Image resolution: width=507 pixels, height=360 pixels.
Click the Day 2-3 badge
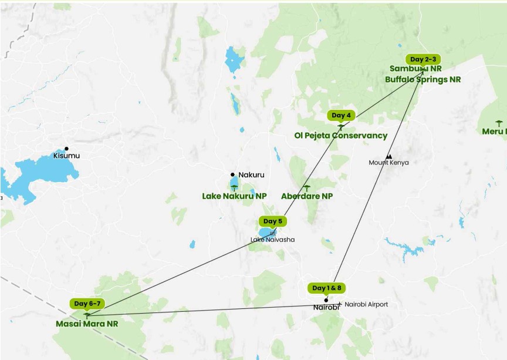coord(422,59)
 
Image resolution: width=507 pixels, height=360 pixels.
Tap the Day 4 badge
coord(341,115)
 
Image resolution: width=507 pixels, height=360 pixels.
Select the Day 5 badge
coord(273,221)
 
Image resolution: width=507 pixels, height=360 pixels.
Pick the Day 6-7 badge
coord(87,304)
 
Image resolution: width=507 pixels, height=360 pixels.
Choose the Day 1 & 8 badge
coord(326,288)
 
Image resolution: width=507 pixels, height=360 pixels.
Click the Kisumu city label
coord(66,156)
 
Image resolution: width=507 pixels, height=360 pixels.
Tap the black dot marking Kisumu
coord(66,149)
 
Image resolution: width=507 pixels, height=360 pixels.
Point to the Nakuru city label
coord(251,174)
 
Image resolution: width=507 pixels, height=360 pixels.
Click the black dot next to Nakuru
coord(233,174)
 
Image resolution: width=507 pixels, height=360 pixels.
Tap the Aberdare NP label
coord(307,196)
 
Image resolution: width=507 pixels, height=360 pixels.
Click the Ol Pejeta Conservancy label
coord(341,136)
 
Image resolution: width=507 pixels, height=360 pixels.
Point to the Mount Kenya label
coord(388,163)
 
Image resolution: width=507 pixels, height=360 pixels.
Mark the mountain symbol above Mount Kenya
coord(388,156)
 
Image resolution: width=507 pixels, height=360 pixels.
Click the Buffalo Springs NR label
coord(422,79)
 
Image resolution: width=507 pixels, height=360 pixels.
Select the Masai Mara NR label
coord(87,324)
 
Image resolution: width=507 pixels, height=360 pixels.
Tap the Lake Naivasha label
coord(272,240)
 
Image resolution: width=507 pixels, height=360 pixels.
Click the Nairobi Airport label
coord(366,304)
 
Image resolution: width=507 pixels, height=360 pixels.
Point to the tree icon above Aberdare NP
coord(306,188)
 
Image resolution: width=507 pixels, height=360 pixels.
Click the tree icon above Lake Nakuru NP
coord(234,188)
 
